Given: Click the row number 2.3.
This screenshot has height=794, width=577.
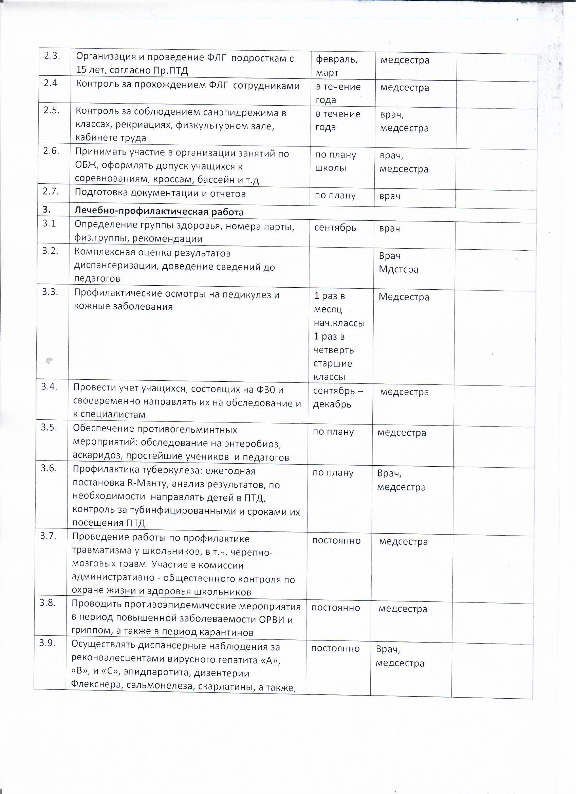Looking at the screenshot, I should point(52,57).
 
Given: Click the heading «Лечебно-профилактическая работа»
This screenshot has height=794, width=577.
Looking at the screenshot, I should point(159,212).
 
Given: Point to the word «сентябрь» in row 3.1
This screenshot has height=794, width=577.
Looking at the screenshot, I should point(335,228).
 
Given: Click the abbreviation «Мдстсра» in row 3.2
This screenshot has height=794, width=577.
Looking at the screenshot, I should point(398,270).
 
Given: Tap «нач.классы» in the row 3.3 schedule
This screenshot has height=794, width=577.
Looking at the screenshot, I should point(339,323).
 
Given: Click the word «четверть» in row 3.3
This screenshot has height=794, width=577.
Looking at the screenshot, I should point(333,350).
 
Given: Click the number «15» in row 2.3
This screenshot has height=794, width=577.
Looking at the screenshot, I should point(81,70).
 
